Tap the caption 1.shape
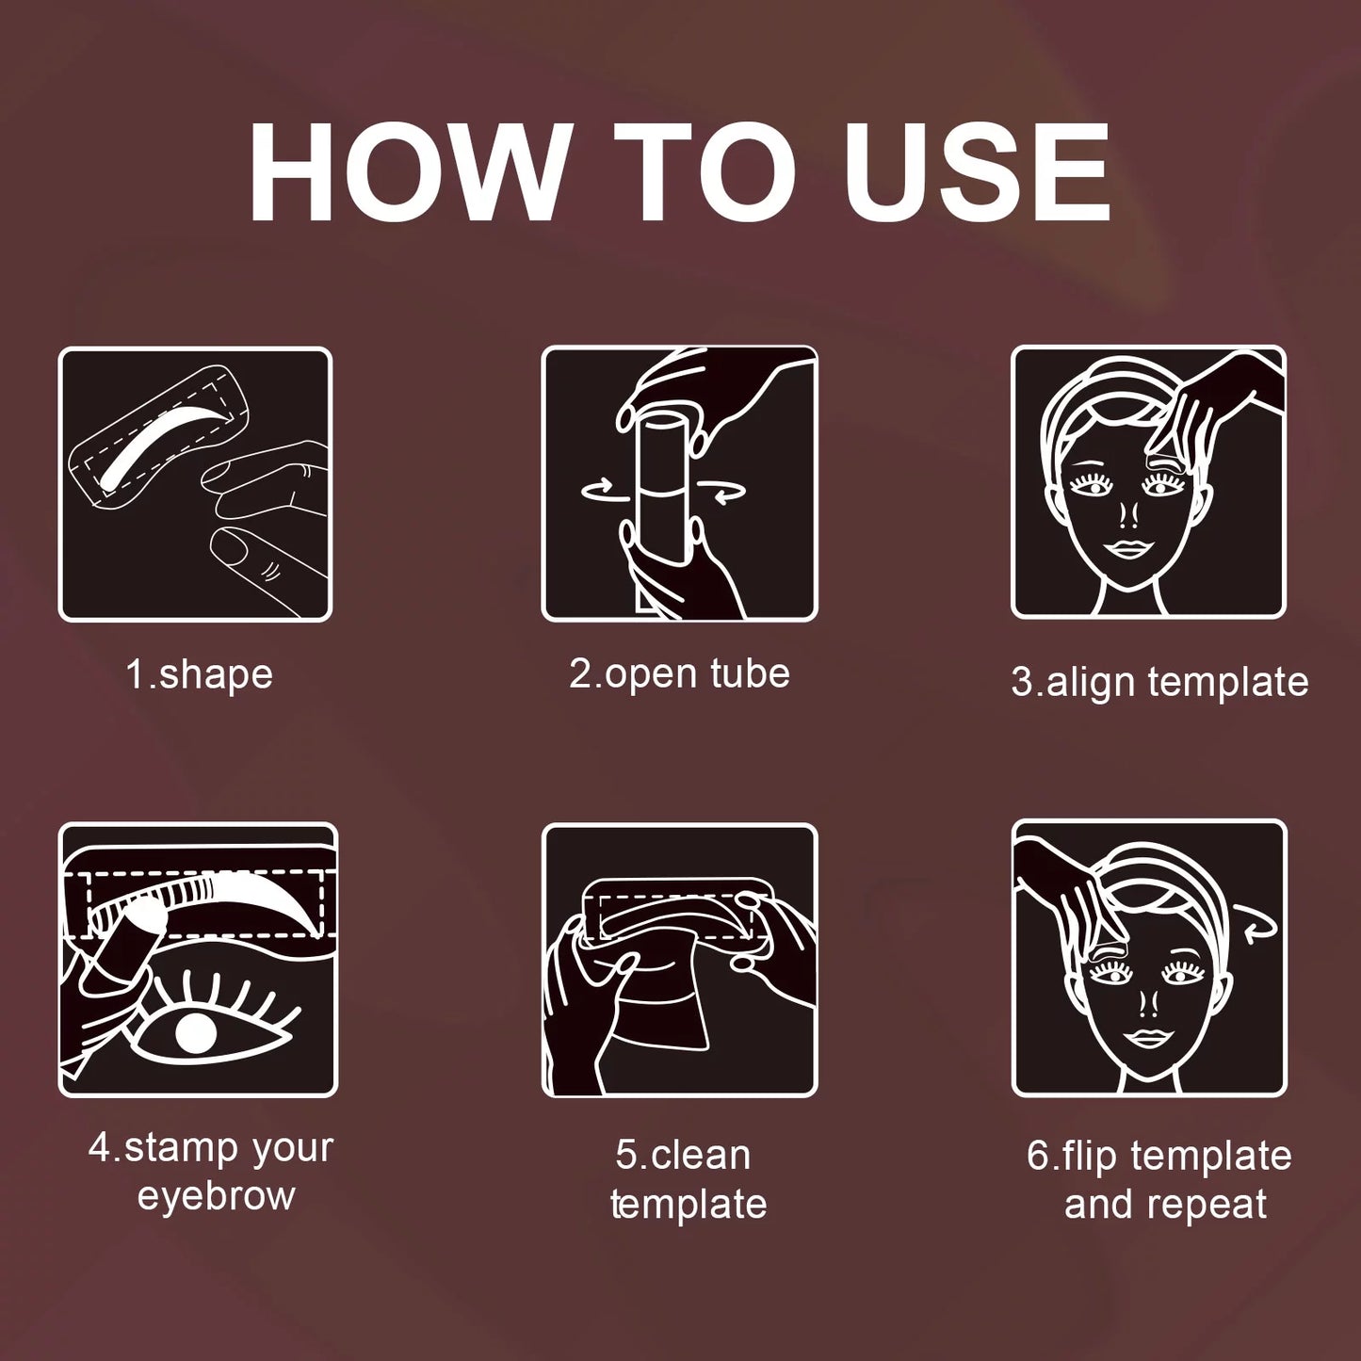pos(199,675)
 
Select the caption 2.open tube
pos(679,674)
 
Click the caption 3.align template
pos(1159,682)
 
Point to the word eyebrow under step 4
pos(216,1196)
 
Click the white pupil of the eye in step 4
pos(196,1033)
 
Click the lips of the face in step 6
pos(1148,1039)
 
